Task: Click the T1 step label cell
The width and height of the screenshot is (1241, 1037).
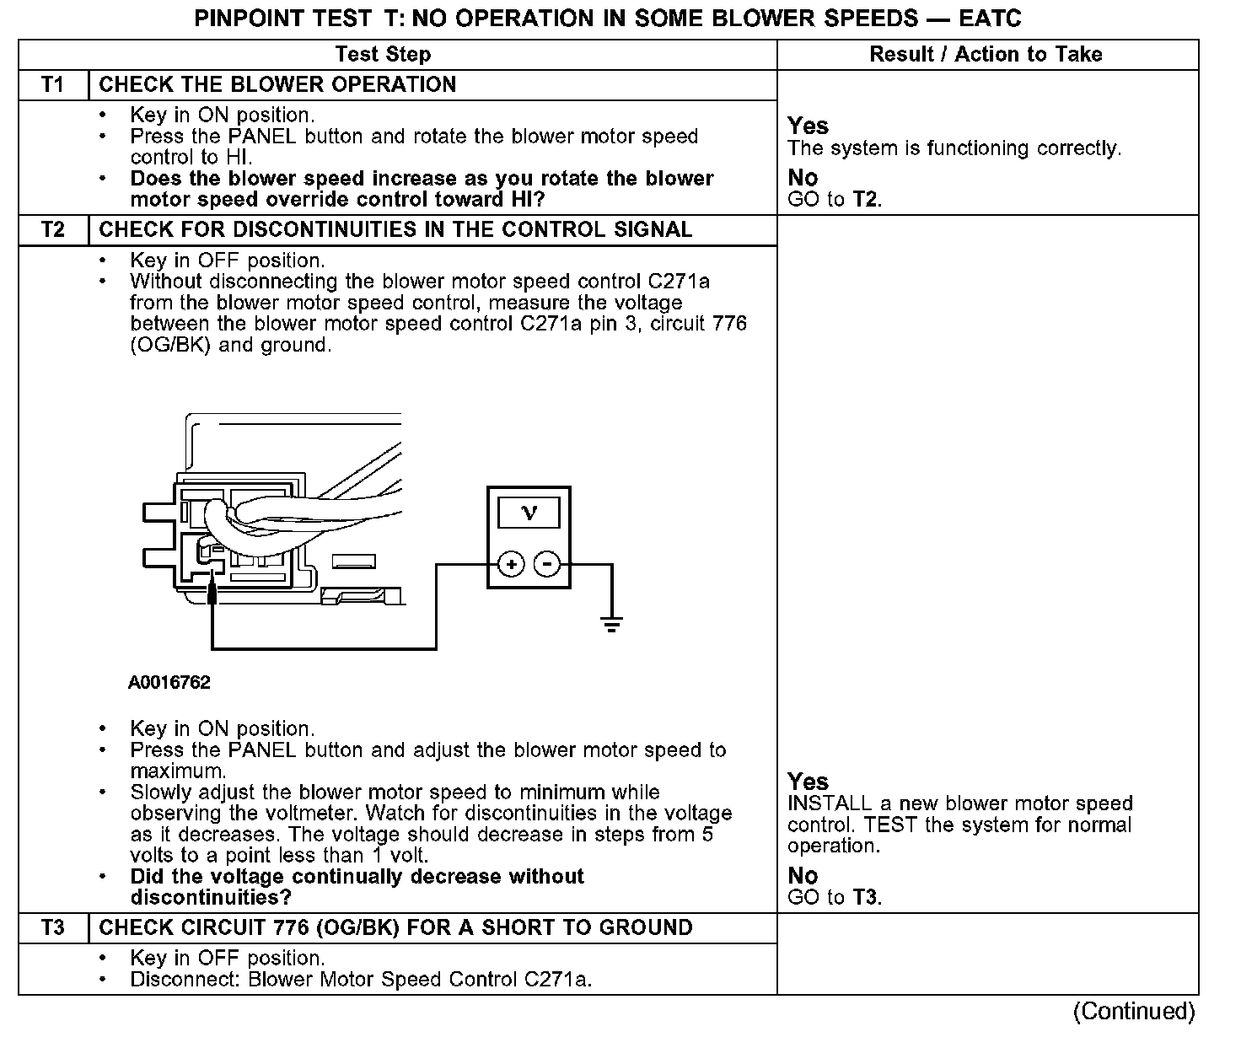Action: [x=53, y=85]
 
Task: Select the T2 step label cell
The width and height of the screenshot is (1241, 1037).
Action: [x=53, y=230]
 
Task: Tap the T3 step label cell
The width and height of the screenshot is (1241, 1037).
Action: [x=53, y=928]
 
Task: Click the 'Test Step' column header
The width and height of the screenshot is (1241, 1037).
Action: [x=383, y=55]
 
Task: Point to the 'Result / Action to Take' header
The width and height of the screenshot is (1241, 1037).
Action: [x=986, y=55]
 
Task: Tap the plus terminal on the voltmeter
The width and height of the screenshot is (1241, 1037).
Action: [x=511, y=563]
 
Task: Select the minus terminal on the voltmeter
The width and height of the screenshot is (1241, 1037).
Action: [x=548, y=563]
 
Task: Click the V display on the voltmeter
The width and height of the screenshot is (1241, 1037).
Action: [x=529, y=512]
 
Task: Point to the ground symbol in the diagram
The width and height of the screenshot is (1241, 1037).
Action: [x=611, y=625]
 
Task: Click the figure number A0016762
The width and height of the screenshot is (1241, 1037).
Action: [x=169, y=683]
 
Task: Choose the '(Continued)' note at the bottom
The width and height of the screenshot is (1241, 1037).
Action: [x=1134, y=1011]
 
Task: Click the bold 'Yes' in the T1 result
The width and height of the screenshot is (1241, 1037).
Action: [x=808, y=126]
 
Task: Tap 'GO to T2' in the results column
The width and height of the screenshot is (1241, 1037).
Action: [x=834, y=200]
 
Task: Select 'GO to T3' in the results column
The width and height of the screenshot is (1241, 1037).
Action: [x=834, y=897]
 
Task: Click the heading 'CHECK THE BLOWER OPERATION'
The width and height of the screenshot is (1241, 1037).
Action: [x=277, y=85]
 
